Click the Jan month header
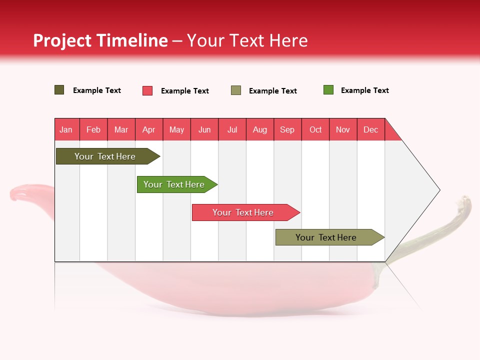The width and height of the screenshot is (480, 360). pos(66,129)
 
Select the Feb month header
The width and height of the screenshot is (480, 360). pos(93,129)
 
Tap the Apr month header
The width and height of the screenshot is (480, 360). pos(149,129)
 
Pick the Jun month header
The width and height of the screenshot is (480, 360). pos(204,129)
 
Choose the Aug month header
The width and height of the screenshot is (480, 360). pos(260,129)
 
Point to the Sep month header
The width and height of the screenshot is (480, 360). pos(287,129)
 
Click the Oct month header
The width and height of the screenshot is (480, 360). pos(315,129)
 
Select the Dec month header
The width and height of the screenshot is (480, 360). pos(371,129)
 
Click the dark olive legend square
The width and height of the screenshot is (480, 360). pos(59,90)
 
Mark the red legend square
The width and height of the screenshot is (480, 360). pos(147,90)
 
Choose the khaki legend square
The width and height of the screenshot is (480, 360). pos(236,90)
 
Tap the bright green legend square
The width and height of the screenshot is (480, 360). pos(328,90)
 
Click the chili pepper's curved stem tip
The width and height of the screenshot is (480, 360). pos(466,200)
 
